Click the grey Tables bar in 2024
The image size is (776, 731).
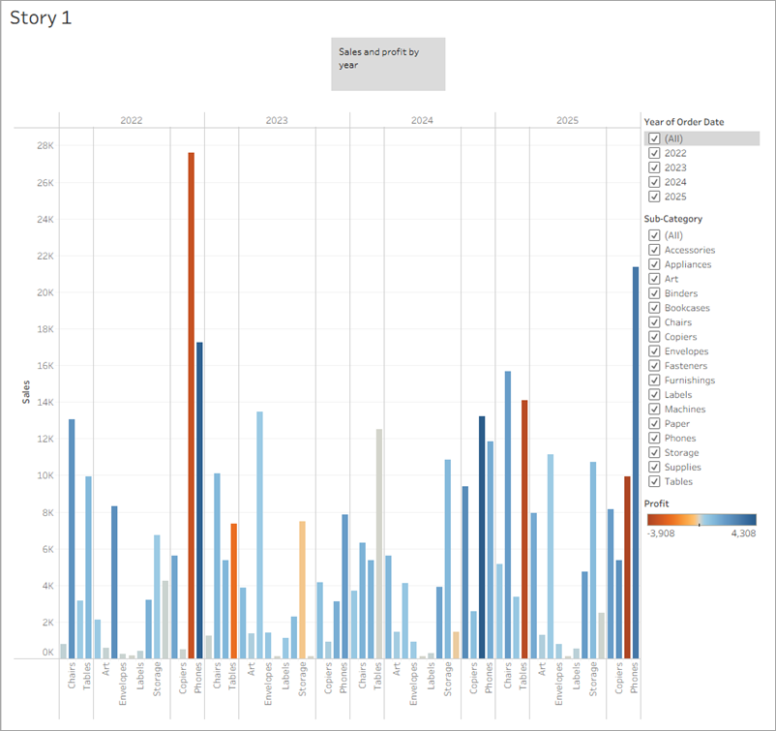point(379,543)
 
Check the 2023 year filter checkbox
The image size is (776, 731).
point(655,168)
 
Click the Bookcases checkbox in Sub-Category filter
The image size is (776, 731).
point(655,308)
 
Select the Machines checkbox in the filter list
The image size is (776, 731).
point(655,410)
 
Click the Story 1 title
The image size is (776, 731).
point(41,18)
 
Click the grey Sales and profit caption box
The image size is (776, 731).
point(388,64)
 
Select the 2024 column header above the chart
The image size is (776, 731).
point(422,121)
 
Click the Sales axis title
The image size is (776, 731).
point(26,391)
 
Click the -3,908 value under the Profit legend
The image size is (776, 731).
point(662,533)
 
